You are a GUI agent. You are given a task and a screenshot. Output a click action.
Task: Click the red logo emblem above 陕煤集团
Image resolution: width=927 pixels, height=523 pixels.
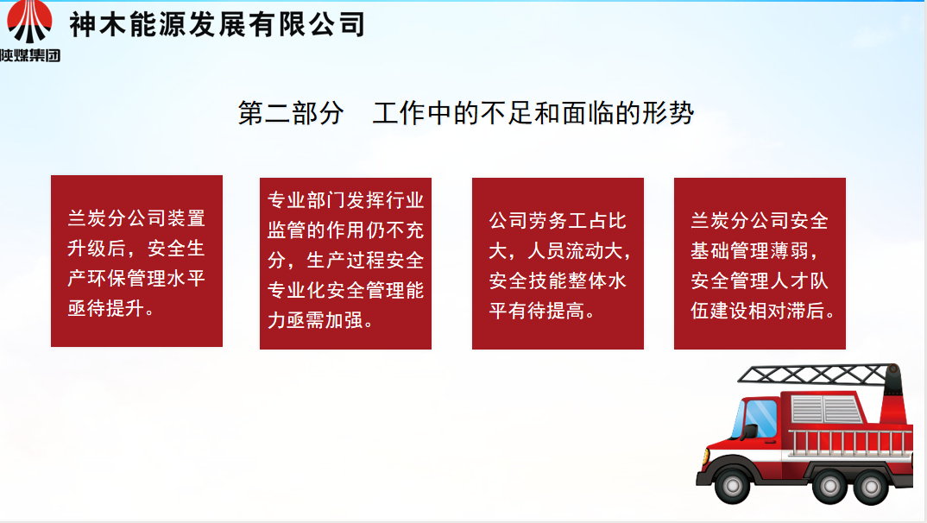click(29, 22)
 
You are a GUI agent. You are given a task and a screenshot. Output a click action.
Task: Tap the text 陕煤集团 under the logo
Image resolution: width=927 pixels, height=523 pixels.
click(30, 55)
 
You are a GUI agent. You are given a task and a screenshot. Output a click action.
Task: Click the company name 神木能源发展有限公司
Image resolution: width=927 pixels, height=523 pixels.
click(217, 25)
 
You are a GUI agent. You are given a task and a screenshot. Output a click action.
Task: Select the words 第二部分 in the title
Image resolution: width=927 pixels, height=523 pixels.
click(290, 113)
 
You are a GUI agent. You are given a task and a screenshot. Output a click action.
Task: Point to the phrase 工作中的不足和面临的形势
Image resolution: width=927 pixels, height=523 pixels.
click(533, 113)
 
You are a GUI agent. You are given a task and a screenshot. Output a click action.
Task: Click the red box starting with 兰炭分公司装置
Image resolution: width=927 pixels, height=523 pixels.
click(136, 261)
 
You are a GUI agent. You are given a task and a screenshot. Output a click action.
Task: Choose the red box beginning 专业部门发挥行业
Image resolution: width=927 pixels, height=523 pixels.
click(345, 263)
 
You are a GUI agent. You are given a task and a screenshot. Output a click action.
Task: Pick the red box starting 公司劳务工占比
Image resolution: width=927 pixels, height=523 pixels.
click(558, 263)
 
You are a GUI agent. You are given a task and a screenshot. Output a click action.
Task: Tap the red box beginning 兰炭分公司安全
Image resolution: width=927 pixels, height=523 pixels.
click(760, 263)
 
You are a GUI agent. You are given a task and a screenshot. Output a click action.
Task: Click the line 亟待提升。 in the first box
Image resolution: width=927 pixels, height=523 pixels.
click(111, 308)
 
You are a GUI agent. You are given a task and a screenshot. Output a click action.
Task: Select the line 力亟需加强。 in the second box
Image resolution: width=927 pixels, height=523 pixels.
click(320, 320)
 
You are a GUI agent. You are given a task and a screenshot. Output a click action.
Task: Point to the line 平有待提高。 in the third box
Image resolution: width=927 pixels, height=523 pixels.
click(542, 311)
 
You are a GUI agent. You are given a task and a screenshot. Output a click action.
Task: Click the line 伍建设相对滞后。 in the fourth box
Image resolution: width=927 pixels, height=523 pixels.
click(763, 311)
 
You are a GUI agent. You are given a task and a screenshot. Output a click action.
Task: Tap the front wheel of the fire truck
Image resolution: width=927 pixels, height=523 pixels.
click(732, 486)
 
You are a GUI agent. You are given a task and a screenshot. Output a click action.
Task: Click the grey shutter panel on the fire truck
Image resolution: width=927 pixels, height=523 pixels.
click(827, 409)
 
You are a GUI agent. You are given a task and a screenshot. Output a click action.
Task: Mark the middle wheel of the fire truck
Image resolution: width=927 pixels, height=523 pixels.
click(830, 487)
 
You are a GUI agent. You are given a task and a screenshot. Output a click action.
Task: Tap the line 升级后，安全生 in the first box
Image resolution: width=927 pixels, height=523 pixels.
click(136, 249)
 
